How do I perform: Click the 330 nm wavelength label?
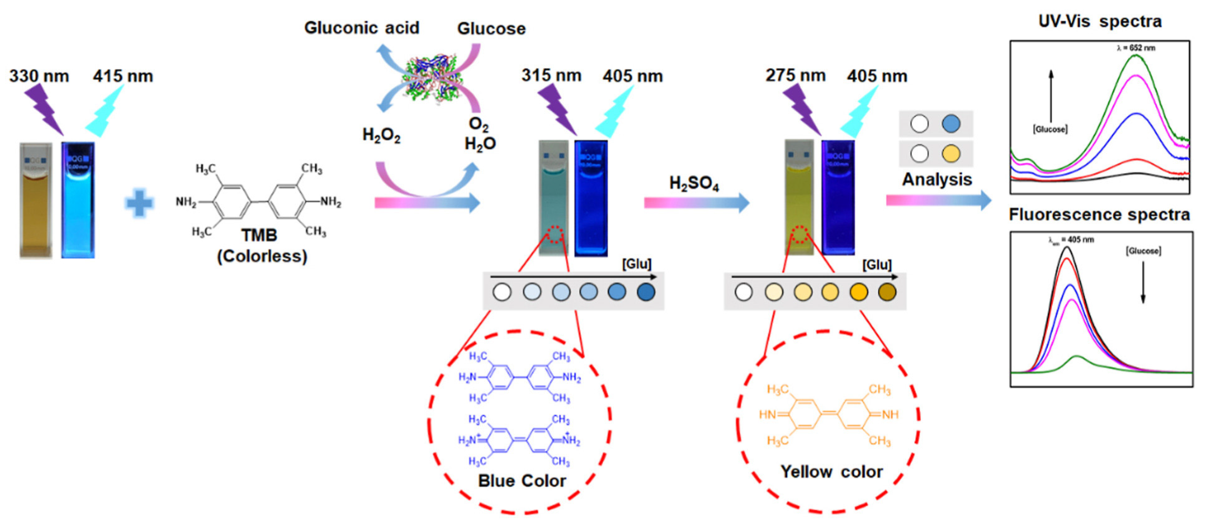(x=39, y=76)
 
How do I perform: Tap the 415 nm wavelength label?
(x=123, y=76)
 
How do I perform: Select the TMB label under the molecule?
(x=259, y=235)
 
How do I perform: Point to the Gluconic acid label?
(x=362, y=28)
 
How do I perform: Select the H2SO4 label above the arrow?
(x=694, y=183)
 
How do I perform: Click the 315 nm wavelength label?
(x=552, y=75)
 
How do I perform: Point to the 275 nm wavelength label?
(x=795, y=75)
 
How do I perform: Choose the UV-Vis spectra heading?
(x=1100, y=22)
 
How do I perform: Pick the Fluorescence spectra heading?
(x=1099, y=215)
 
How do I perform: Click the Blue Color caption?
(x=522, y=481)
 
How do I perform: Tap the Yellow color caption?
(x=832, y=471)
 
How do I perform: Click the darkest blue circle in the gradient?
(x=646, y=292)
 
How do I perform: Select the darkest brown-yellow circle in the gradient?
(x=887, y=292)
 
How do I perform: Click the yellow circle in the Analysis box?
(x=951, y=153)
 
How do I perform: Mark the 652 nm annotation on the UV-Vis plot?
(x=1136, y=48)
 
